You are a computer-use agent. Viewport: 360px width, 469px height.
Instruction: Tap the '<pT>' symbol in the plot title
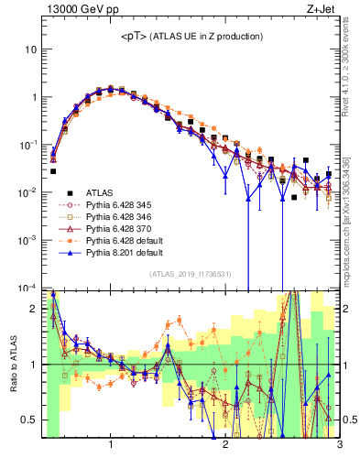click(136, 36)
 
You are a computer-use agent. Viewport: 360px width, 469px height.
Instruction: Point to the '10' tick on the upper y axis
click(31, 49)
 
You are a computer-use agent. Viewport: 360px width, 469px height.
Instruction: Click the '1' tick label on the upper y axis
click(34, 96)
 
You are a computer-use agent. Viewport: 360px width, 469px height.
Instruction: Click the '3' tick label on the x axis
click(339, 446)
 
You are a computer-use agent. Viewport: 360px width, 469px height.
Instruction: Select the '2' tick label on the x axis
click(225, 446)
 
